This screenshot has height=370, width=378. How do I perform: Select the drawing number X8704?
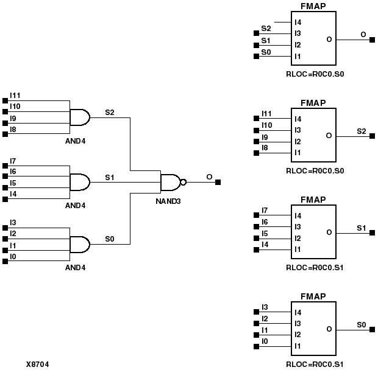coord(37,365)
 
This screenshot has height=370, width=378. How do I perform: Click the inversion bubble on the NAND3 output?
coord(183,181)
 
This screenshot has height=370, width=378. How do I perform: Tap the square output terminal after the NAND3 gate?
coord(218,181)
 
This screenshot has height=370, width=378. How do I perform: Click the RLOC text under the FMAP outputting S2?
coord(315,170)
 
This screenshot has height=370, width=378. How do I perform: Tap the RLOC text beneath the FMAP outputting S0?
coord(315,365)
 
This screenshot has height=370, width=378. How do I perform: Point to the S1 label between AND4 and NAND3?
coord(110,177)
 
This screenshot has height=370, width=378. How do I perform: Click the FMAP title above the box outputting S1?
coord(313,200)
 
